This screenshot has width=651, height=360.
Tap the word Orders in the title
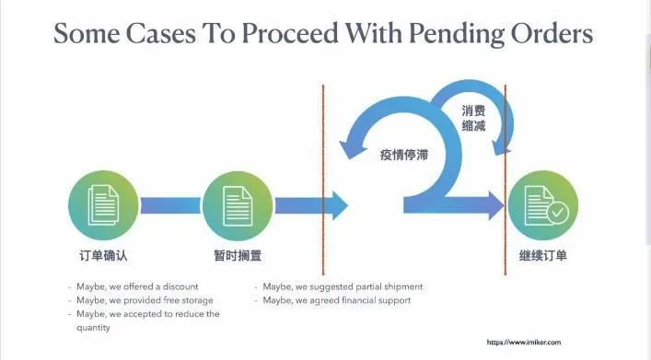coord(548,34)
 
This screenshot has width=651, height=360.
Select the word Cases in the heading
coord(160,34)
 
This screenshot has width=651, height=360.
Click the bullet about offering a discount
coord(138,286)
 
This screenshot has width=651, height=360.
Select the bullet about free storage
coord(145,300)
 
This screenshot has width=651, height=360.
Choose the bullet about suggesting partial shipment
coord(343,286)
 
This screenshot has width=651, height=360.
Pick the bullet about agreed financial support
coord(336,300)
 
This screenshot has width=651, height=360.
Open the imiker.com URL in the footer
coord(523,342)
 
